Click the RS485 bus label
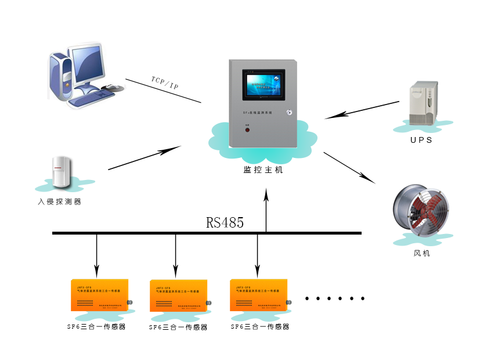(225, 223)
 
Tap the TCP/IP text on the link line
(165, 82)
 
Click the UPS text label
(421, 140)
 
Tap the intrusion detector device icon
(60, 172)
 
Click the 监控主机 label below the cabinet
(264, 170)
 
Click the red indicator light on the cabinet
(246, 130)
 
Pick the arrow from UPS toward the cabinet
(362, 110)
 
